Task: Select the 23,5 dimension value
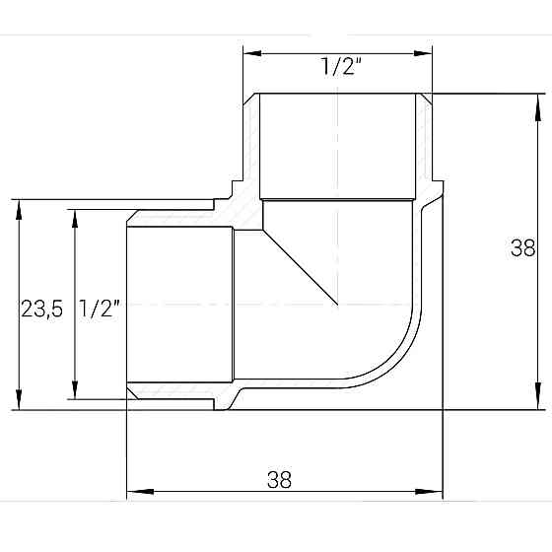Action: pos(42,309)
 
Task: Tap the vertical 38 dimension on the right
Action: pos(522,248)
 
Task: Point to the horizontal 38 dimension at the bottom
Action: pos(280,479)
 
